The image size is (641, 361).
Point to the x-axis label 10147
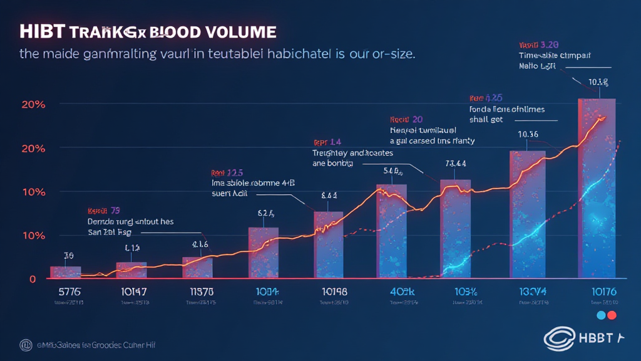point(131,292)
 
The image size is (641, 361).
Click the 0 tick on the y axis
point(32,279)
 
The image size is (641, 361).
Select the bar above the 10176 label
point(596,188)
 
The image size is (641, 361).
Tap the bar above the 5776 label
point(65,272)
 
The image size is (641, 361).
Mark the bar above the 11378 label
point(197,268)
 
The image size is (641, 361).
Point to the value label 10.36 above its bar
point(528,134)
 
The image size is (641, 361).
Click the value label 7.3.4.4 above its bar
point(454,164)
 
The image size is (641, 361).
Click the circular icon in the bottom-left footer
point(26,344)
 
